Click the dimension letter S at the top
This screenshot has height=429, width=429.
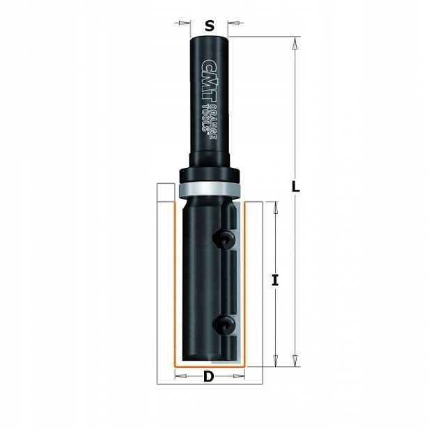[210, 26]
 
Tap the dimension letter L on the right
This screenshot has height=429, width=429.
[295, 187]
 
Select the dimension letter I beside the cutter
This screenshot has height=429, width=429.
[275, 281]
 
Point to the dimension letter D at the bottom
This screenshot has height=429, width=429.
[209, 377]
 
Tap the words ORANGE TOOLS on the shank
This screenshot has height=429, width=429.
[210, 121]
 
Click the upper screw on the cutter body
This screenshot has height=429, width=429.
[224, 239]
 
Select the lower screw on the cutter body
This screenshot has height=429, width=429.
[224, 325]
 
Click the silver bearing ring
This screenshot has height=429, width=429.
[210, 189]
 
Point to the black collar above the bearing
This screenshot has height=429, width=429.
[210, 175]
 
